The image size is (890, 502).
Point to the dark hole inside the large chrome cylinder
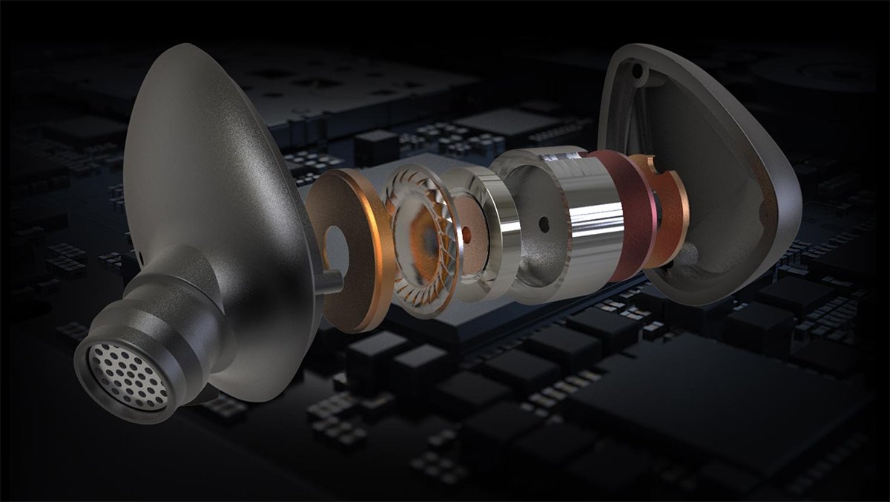pyautogui.click(x=544, y=224)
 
